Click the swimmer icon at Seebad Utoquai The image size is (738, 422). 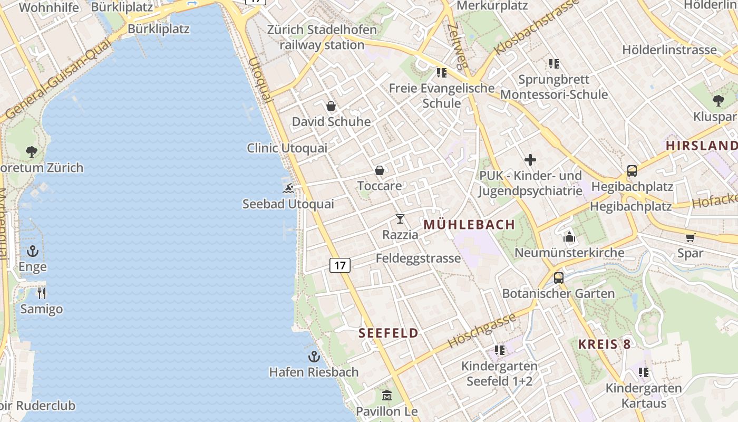288,188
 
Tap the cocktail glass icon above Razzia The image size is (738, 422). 400,219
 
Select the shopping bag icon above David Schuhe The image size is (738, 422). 331,106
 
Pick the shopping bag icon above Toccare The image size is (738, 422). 380,170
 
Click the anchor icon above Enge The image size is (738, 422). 33,251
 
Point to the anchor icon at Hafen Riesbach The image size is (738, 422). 314,357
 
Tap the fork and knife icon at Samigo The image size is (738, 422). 42,293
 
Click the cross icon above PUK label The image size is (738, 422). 530,160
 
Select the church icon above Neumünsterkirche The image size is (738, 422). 569,237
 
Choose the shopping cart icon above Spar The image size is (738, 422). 691,237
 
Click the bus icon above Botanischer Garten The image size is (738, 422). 559,277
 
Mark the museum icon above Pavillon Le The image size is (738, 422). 387,395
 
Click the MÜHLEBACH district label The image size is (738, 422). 469,225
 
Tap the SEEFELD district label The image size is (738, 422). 389,333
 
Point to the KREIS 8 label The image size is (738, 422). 604,344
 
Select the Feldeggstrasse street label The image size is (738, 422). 418,258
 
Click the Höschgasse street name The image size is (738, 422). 481,331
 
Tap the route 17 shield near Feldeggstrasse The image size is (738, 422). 340,265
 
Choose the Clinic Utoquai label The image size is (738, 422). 287,148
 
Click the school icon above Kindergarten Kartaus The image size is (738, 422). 644,372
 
